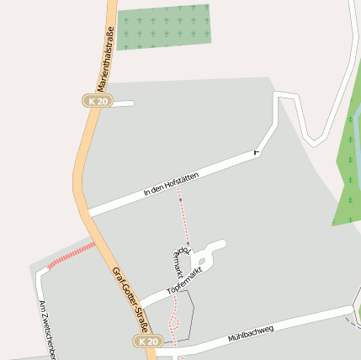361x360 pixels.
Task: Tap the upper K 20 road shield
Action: click(98, 101)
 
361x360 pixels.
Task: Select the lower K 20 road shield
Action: click(146, 341)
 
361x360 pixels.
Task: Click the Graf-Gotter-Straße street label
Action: click(130, 301)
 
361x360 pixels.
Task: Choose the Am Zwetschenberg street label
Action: click(45, 328)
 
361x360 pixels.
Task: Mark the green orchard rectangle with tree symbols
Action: click(164, 27)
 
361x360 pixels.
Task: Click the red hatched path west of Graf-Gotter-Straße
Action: click(72, 255)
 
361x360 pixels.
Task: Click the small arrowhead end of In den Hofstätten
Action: click(256, 153)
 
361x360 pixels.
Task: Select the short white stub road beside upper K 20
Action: click(122, 103)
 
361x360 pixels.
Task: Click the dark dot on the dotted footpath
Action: click(180, 201)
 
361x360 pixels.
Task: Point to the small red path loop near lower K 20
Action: click(174, 322)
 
